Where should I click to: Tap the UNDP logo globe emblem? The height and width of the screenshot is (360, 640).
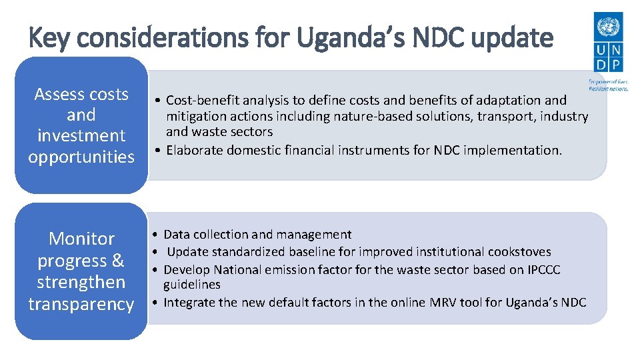pos(607,27)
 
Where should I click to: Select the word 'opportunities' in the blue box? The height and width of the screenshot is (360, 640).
pos(81,157)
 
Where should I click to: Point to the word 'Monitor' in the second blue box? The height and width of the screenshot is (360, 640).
pos(81,239)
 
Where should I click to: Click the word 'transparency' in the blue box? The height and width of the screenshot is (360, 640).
pos(81,304)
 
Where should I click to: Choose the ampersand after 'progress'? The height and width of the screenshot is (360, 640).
pos(117,261)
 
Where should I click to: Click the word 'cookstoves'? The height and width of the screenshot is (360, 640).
pos(519,252)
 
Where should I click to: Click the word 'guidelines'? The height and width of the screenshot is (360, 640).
pos(192,285)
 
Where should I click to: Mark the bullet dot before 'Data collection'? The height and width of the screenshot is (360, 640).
pos(154,235)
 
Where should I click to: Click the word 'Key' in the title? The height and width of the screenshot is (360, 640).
pos(49,38)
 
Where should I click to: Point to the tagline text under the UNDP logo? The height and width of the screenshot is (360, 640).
pos(607,85)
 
